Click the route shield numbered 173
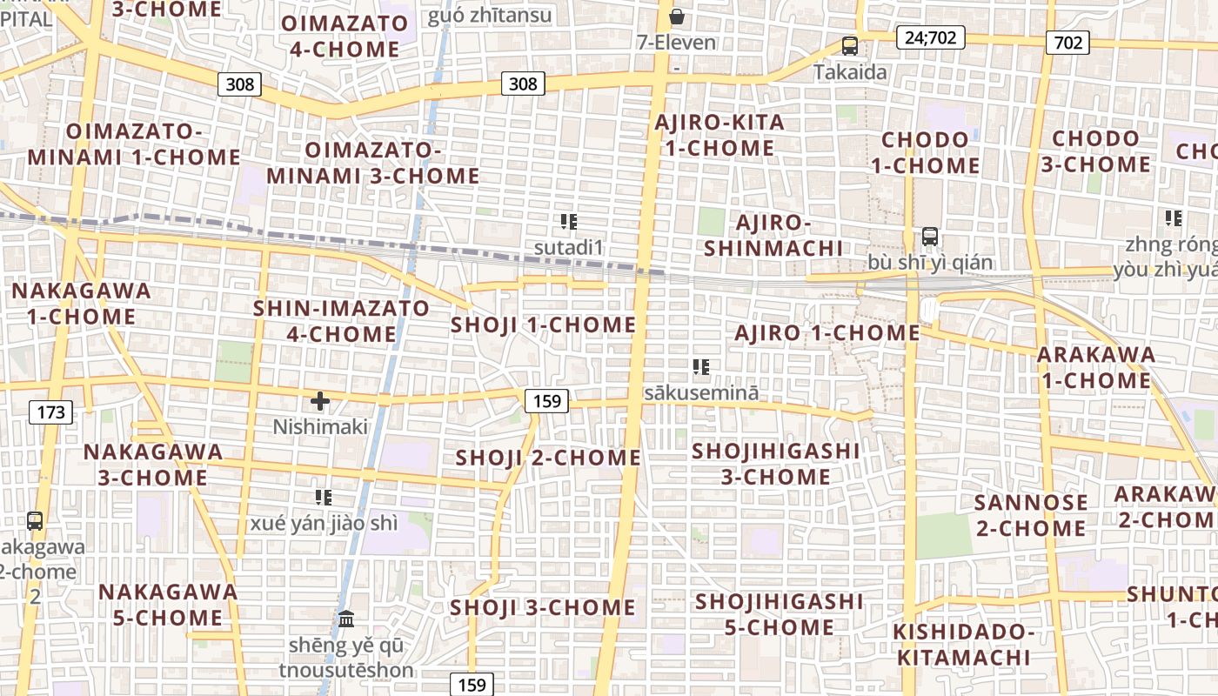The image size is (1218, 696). click(x=51, y=412)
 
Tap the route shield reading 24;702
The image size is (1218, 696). click(x=930, y=37)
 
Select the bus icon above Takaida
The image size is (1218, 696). click(x=850, y=46)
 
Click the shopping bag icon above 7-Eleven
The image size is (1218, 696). click(x=676, y=17)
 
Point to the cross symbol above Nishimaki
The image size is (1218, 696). click(x=320, y=401)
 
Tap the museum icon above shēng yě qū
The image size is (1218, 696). click(x=346, y=619)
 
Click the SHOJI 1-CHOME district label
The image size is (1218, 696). click(x=543, y=325)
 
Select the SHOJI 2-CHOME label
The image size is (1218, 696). click(x=548, y=458)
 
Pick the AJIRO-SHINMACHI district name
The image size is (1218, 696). click(x=773, y=235)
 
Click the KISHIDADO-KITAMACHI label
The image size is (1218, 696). click(x=964, y=644)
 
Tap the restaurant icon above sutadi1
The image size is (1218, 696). click(x=569, y=222)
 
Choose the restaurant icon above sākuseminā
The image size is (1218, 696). click(x=700, y=367)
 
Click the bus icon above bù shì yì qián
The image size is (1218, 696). click(x=929, y=237)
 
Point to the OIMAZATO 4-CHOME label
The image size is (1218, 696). click(x=345, y=37)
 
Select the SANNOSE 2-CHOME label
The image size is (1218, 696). click(x=1030, y=515)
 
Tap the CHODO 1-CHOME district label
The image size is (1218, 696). click(x=925, y=152)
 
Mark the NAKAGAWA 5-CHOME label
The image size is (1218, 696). click(x=167, y=605)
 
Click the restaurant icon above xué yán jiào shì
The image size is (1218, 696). click(x=324, y=498)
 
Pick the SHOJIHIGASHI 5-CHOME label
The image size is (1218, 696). click(x=779, y=614)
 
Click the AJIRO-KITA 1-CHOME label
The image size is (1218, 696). click(x=719, y=135)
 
